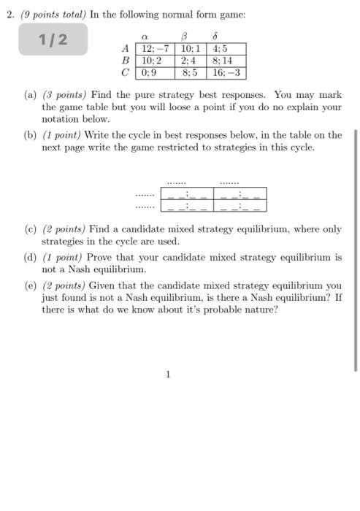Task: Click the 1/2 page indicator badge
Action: click(x=53, y=39)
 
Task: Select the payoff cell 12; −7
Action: click(x=155, y=49)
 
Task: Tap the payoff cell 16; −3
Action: click(x=227, y=73)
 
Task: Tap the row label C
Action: click(x=126, y=73)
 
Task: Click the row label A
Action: click(x=126, y=49)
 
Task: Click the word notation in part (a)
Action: click(x=61, y=118)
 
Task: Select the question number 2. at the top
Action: click(x=9, y=12)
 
